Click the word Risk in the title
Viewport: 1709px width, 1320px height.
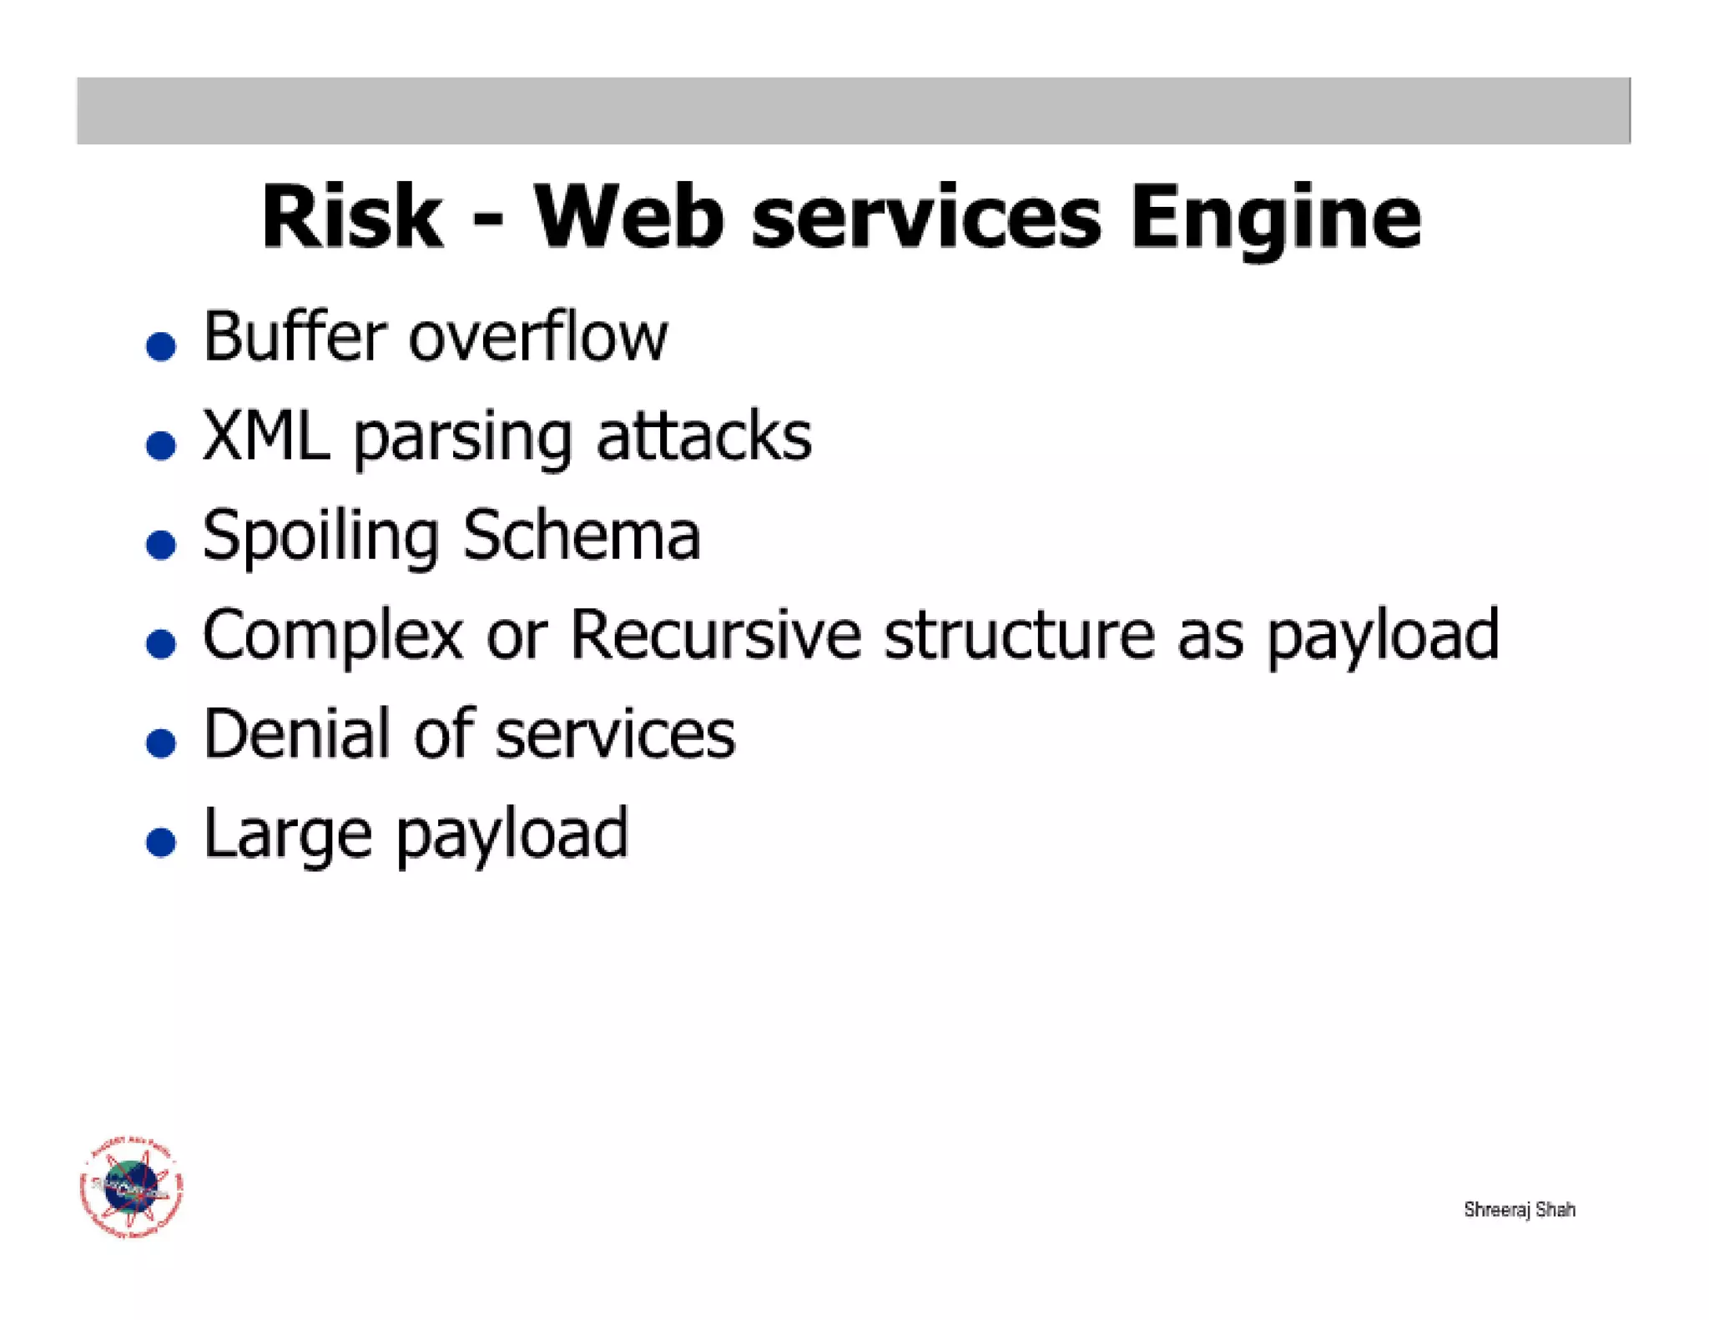[x=351, y=218]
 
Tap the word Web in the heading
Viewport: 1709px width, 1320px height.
[x=628, y=218]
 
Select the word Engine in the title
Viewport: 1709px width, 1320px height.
[x=1275, y=218]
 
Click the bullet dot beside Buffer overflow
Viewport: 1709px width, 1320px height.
[x=161, y=345]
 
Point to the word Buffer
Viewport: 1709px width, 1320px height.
[x=295, y=337]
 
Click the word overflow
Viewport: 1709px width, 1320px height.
[x=538, y=337]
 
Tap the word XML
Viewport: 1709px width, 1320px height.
[x=266, y=436]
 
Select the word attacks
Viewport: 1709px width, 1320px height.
[x=703, y=436]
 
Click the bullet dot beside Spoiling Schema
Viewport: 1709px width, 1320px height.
[x=161, y=544]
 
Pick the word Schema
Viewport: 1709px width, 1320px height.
[x=582, y=536]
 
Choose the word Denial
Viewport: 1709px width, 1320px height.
[x=296, y=734]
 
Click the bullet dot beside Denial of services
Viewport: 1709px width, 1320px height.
[x=161, y=743]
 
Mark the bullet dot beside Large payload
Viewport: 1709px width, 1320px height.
[x=161, y=842]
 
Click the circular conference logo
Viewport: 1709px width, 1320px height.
[x=132, y=1187]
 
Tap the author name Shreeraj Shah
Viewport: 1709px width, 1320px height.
[x=1520, y=1210]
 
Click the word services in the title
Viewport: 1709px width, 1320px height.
[x=926, y=218]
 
